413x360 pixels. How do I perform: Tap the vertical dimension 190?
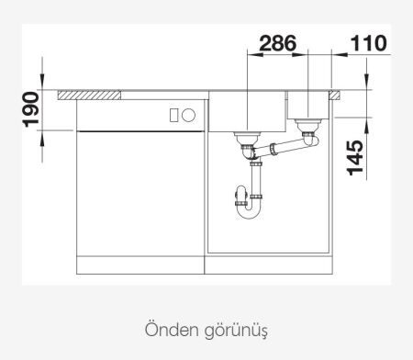click(x=30, y=110)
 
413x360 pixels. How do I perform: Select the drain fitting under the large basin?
click(x=246, y=141)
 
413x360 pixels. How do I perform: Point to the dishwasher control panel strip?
click(x=138, y=116)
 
